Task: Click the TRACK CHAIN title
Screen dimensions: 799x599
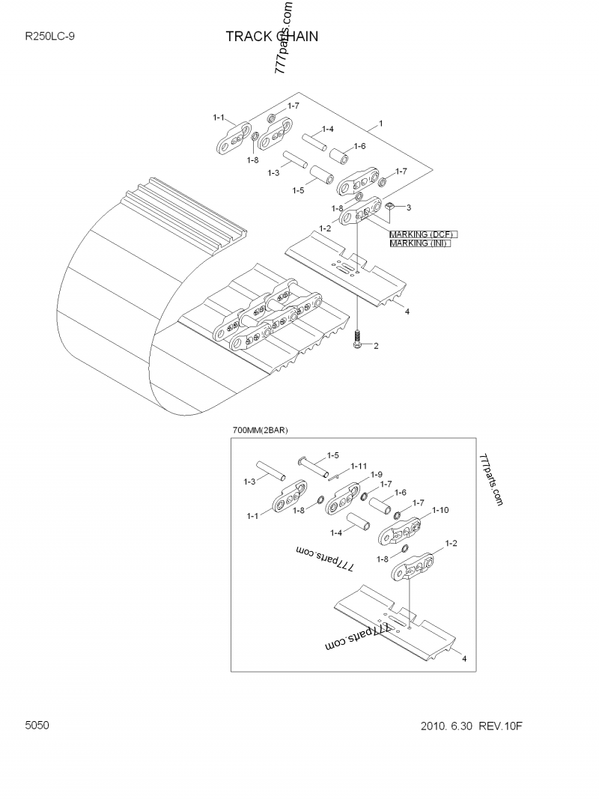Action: (272, 37)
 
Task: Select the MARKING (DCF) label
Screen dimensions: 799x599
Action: (422, 234)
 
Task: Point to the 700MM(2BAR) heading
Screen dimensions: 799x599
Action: (261, 430)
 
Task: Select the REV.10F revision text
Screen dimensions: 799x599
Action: (501, 726)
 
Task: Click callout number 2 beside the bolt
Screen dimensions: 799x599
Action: (375, 346)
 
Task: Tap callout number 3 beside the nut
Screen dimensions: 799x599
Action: (408, 207)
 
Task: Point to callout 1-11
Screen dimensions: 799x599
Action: (359, 466)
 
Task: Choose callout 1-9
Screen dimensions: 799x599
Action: (376, 475)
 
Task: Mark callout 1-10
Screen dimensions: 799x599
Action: (440, 510)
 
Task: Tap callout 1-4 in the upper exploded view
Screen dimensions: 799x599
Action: (327, 129)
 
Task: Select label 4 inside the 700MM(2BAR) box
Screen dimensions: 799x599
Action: (464, 658)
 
